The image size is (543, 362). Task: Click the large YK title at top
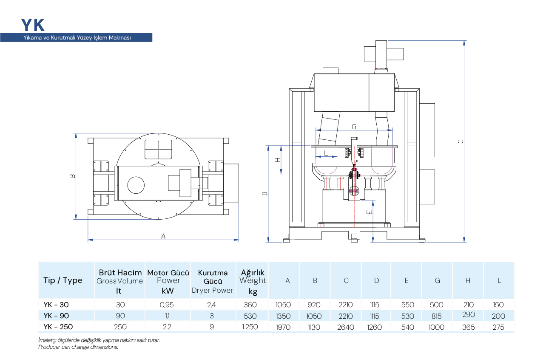click(x=33, y=25)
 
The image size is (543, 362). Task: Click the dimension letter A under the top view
click(x=163, y=236)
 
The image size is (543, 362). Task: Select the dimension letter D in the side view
click(x=264, y=194)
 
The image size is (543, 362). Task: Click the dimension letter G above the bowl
click(x=354, y=127)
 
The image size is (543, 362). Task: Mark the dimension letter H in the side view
click(x=277, y=160)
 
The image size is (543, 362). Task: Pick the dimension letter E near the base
click(x=370, y=211)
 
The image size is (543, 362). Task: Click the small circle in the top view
click(x=136, y=185)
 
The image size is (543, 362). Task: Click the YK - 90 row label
click(x=56, y=316)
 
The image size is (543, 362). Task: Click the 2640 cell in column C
click(x=345, y=327)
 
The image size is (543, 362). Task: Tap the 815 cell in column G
click(x=437, y=316)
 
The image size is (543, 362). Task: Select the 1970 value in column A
click(x=284, y=327)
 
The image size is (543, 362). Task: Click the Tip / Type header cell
click(x=63, y=280)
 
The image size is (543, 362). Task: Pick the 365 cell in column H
click(x=468, y=327)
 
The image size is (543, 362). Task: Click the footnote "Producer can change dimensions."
click(x=78, y=347)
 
